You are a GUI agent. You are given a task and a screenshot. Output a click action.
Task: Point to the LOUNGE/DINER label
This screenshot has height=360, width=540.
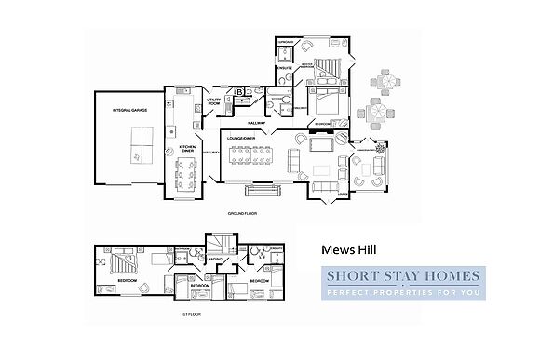click(x=241, y=139)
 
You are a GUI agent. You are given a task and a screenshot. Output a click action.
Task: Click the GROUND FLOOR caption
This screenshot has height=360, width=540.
click(x=241, y=212)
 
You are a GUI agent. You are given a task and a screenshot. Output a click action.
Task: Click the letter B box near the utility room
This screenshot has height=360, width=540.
click(x=239, y=92)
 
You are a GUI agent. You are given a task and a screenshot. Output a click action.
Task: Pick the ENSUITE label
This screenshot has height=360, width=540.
click(x=286, y=67)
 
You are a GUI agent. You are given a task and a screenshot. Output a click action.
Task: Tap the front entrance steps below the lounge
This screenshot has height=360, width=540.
click(x=262, y=191)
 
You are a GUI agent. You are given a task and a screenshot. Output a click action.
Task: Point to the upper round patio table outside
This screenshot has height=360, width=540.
click(x=381, y=80)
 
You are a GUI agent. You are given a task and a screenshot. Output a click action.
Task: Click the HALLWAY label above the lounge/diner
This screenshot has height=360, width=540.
click(x=257, y=122)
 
